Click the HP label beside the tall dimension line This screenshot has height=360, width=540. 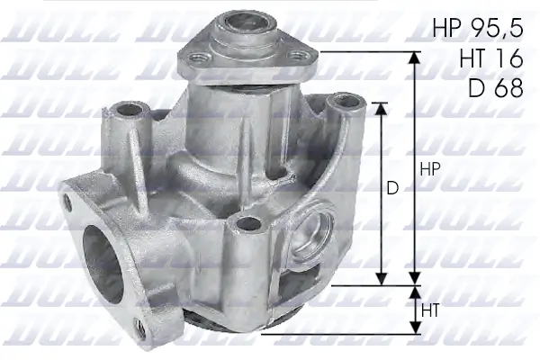pos(429,170)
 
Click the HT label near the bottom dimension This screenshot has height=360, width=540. pos(430,310)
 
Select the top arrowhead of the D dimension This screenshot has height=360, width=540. pos(381,107)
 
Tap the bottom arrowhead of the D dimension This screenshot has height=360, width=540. pos(381,277)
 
